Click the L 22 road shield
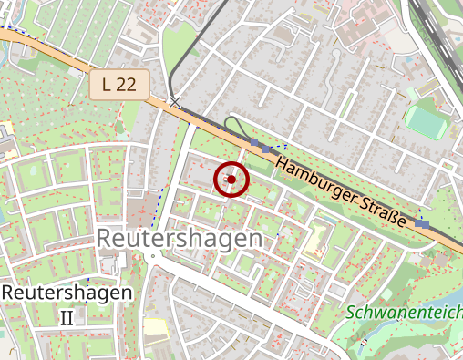point(118,85)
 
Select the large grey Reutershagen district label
point(179,238)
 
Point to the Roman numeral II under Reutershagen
point(67,317)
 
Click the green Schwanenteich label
point(404,313)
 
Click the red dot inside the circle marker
point(231,180)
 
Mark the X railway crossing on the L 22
point(174,102)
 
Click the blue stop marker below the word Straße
point(421,223)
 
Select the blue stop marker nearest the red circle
point(265,148)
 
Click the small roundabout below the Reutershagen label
point(154,256)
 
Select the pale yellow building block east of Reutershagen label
point(316,239)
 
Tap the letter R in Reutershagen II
point(10,293)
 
